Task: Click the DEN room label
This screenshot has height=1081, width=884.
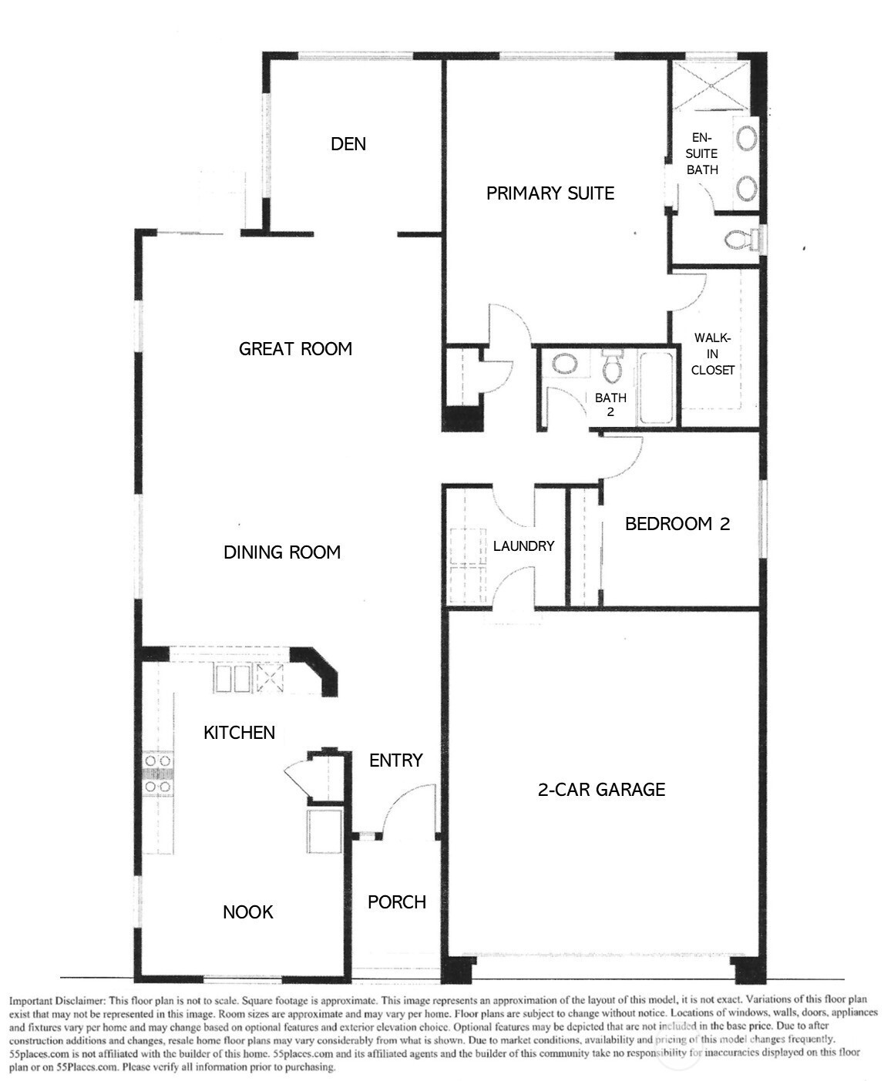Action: click(348, 144)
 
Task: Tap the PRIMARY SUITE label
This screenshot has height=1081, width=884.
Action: click(550, 193)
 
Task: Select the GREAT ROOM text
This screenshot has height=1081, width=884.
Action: click(295, 349)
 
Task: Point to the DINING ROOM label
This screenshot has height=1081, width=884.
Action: click(282, 552)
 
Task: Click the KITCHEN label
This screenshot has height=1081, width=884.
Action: click(239, 733)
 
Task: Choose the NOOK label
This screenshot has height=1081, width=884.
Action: click(248, 911)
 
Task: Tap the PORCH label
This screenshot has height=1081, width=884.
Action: click(397, 902)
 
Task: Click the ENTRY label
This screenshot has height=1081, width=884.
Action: click(396, 760)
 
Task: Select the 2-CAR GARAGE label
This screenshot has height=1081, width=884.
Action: click(601, 789)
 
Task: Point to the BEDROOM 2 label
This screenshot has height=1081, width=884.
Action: click(677, 523)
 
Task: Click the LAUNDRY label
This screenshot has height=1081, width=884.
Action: click(523, 546)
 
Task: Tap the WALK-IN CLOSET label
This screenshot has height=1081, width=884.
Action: click(713, 354)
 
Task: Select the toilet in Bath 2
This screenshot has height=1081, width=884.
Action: click(612, 365)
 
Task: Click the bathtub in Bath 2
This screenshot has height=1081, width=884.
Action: click(656, 388)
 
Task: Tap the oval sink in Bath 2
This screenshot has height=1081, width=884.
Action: click(565, 364)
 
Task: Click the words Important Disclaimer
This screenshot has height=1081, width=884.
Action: click(57, 1000)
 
